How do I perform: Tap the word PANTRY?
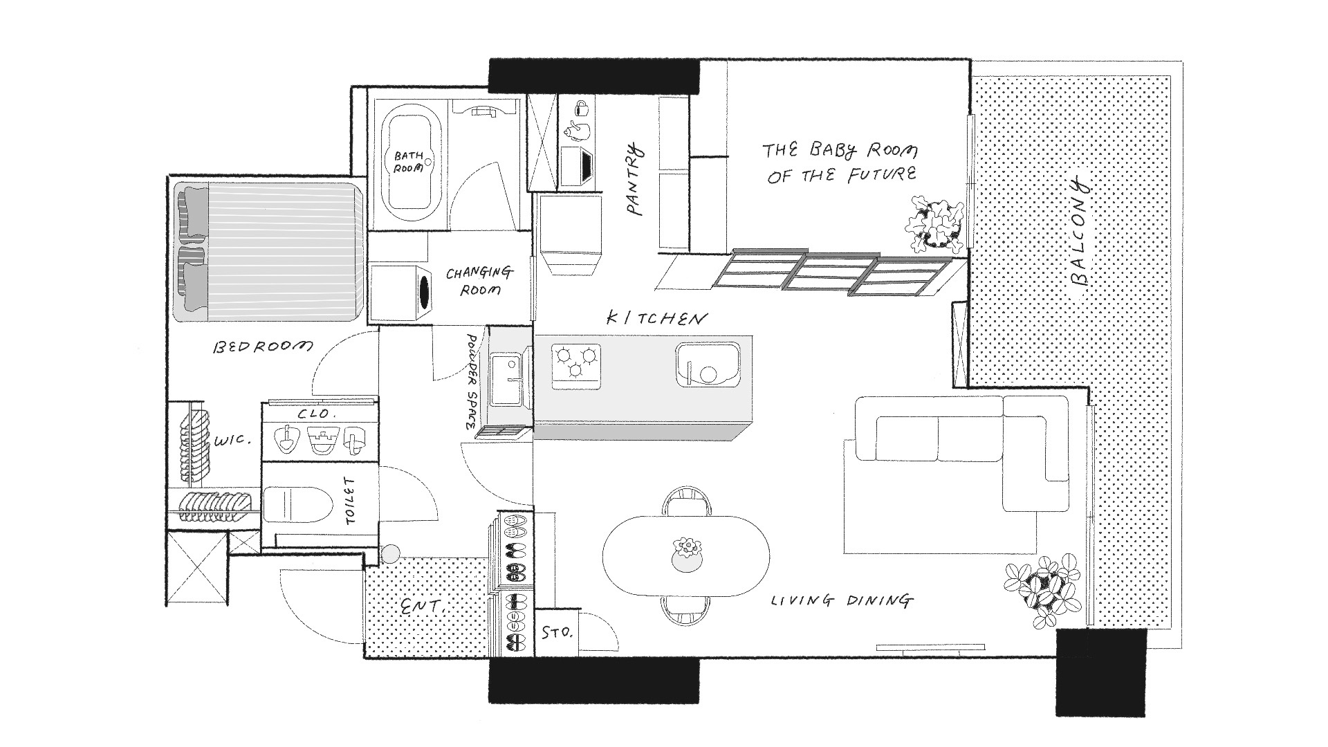[x=635, y=180]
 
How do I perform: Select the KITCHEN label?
[x=657, y=318]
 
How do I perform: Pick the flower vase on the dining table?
[x=687, y=555]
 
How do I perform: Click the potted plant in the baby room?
[x=934, y=224]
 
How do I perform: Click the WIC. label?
[x=232, y=440]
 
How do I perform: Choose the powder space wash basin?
[x=507, y=380]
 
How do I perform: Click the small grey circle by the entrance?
[x=391, y=553]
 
